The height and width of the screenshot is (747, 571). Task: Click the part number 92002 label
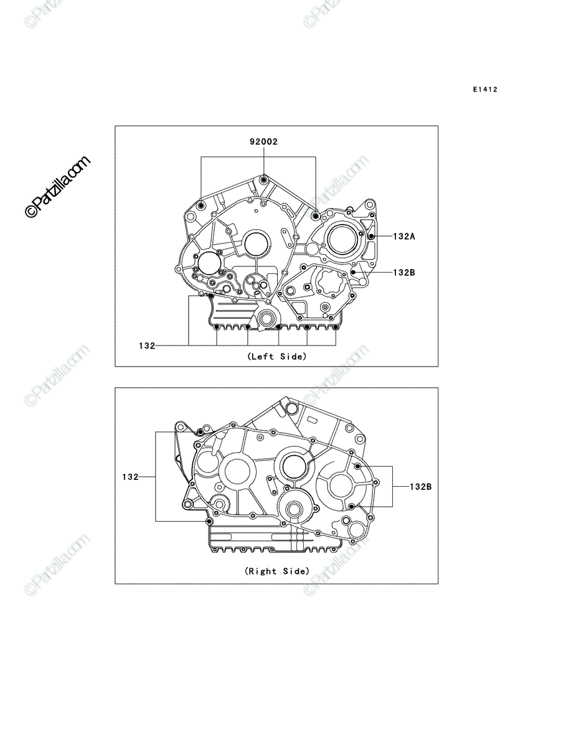(x=264, y=141)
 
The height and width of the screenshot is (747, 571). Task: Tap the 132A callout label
(x=404, y=236)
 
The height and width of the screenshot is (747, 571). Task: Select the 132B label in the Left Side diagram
(x=404, y=272)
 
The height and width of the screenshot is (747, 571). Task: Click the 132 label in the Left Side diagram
(x=147, y=345)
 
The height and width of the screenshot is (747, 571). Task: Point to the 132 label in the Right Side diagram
(x=130, y=477)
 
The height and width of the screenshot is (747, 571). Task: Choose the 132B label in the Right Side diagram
(x=420, y=487)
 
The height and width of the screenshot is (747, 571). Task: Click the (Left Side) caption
(x=276, y=356)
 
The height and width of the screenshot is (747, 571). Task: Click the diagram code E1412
(x=485, y=90)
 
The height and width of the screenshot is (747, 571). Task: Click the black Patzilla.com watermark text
(x=57, y=187)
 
